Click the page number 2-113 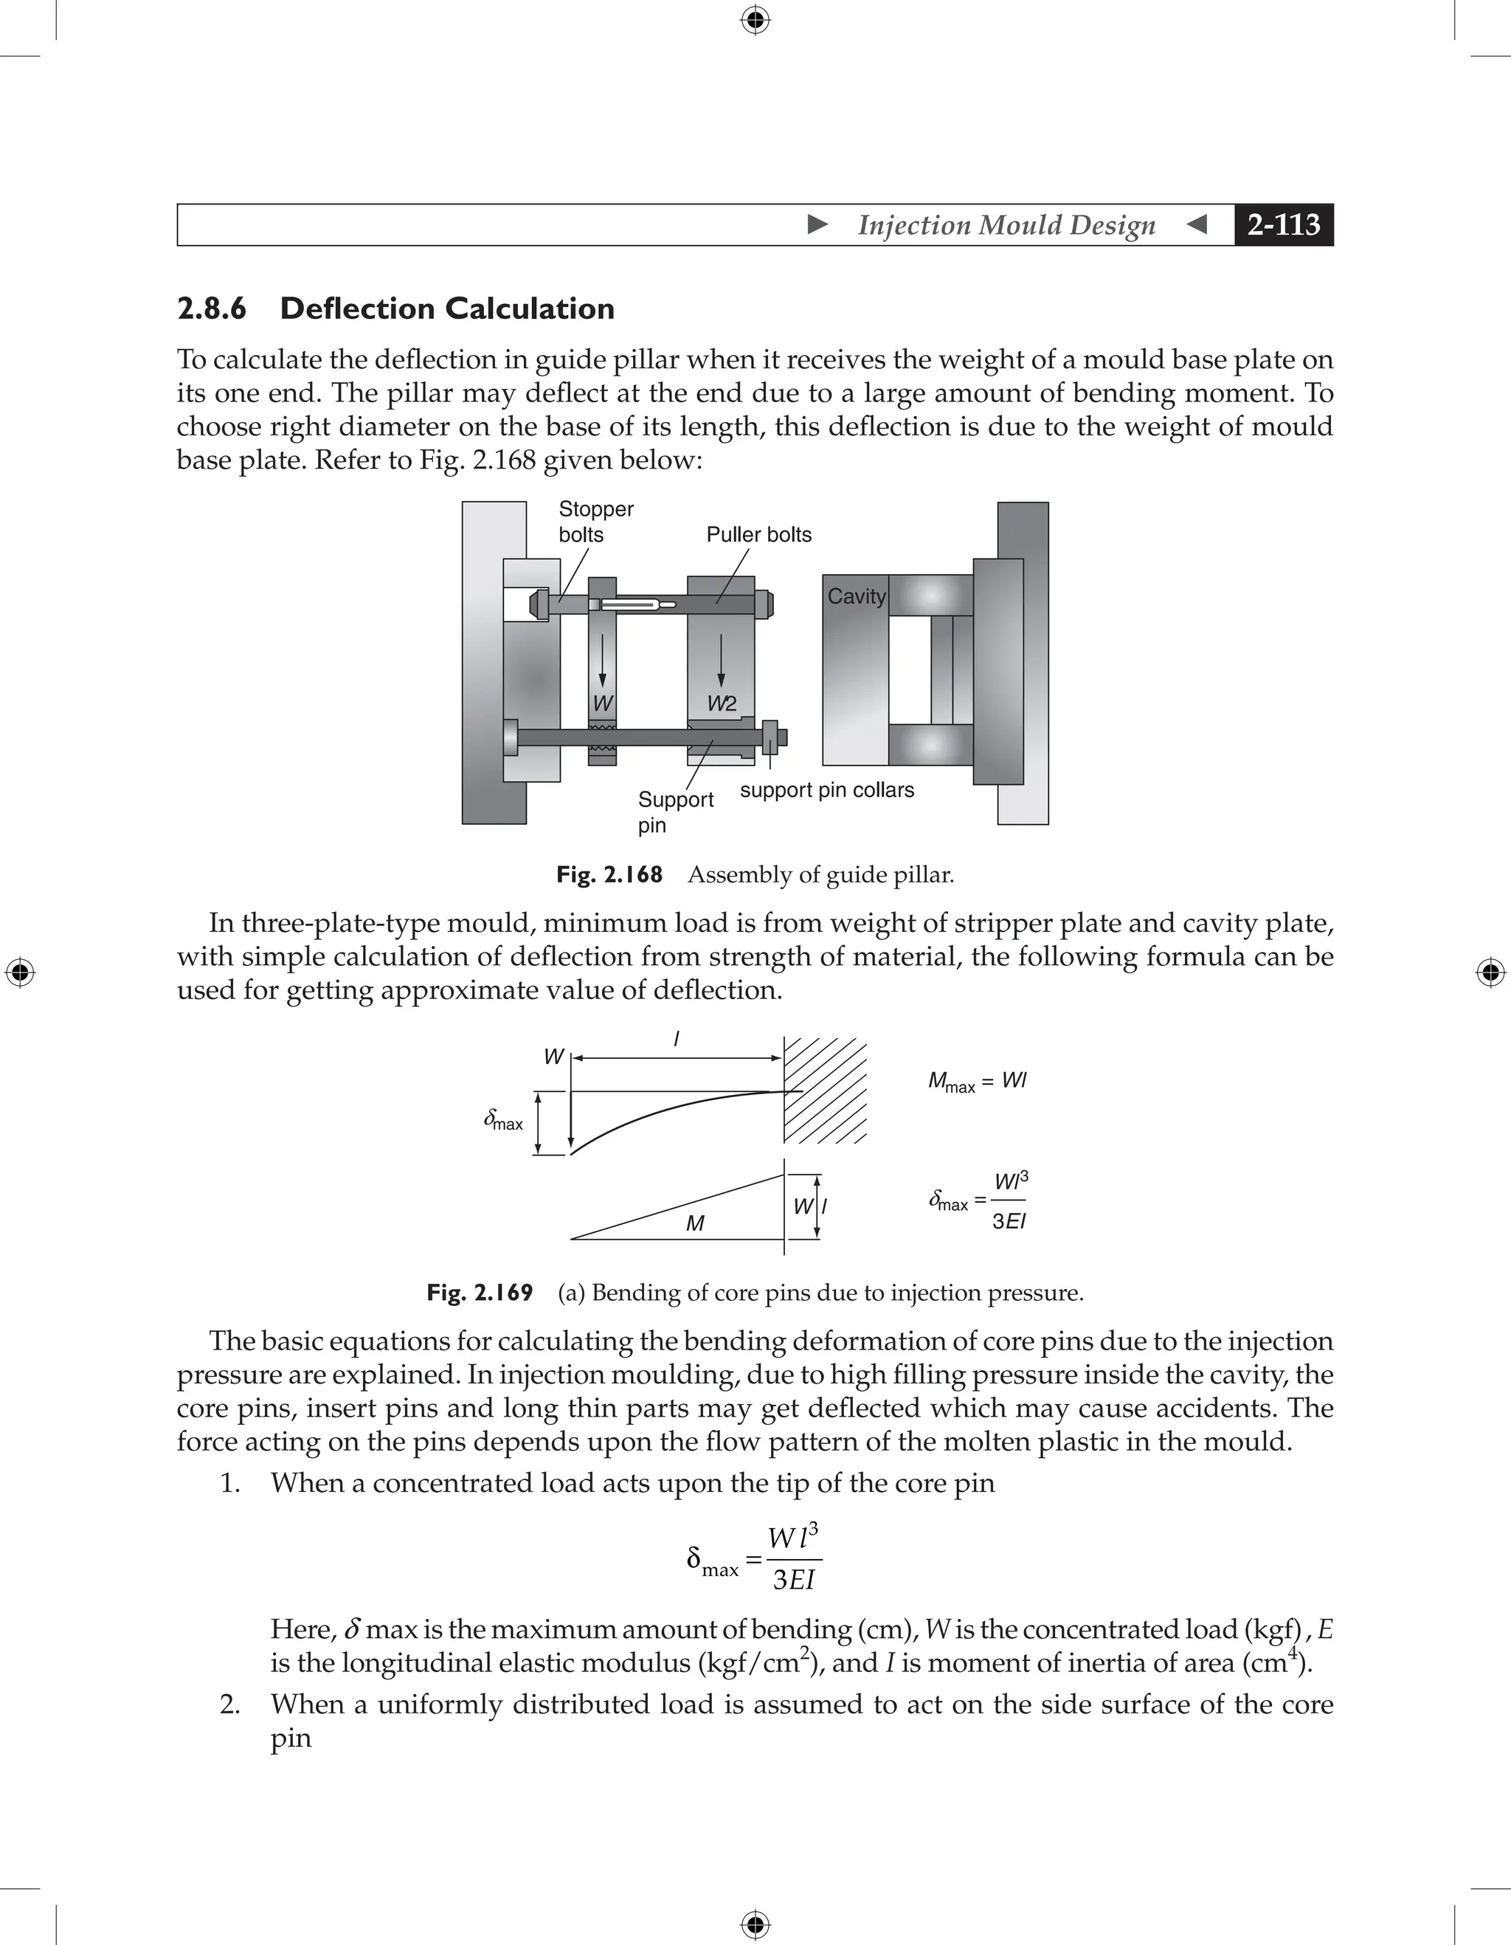pos(1283,224)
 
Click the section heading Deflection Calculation pos(447,308)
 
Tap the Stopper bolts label pos(595,522)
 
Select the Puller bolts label pos(758,534)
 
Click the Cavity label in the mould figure pos(857,597)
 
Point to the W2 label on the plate pos(722,703)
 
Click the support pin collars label pos(827,790)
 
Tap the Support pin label pos(675,812)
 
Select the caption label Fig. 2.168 pos(609,874)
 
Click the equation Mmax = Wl pos(977,1082)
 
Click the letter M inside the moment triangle pos(696,1223)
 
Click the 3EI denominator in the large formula pos(794,1580)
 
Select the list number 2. pos(229,1704)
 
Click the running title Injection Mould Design pos(1006,224)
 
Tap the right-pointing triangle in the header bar pos(817,224)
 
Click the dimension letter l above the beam pos(677,1038)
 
